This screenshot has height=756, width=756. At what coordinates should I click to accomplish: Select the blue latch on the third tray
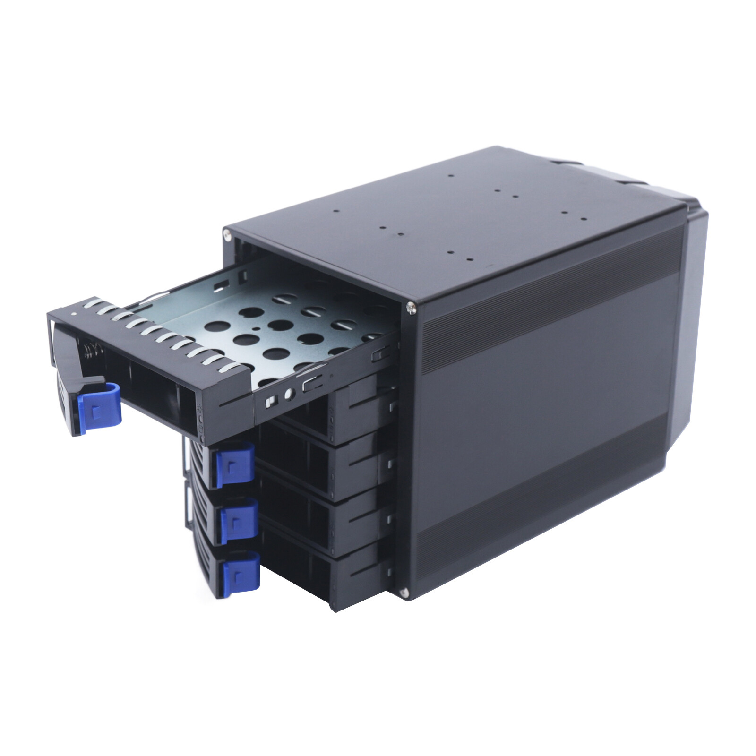coord(240,520)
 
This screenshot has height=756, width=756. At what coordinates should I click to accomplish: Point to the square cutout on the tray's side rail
coord(271,401)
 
